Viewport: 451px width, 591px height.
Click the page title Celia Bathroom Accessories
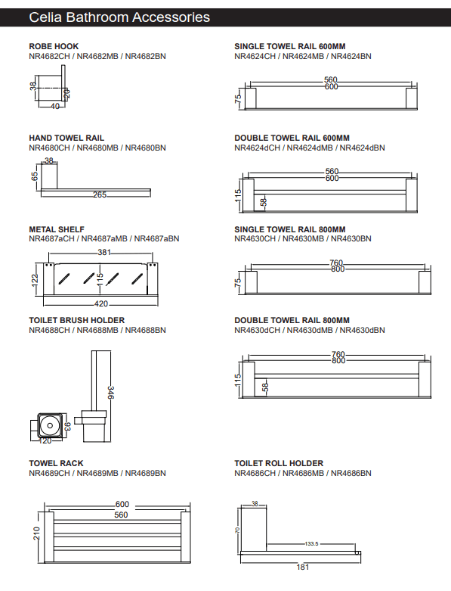point(119,17)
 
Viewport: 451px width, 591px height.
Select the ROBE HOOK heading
point(54,47)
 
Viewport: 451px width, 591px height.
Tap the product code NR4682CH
point(50,56)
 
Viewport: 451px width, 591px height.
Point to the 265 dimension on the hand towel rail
point(99,195)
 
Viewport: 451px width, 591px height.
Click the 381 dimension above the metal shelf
point(104,253)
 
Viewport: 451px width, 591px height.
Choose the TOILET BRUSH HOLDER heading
point(76,320)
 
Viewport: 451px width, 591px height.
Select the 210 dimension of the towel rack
point(35,533)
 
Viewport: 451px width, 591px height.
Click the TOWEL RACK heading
point(56,463)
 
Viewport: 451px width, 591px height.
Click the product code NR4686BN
point(351,473)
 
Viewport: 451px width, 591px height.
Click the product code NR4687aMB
point(104,238)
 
